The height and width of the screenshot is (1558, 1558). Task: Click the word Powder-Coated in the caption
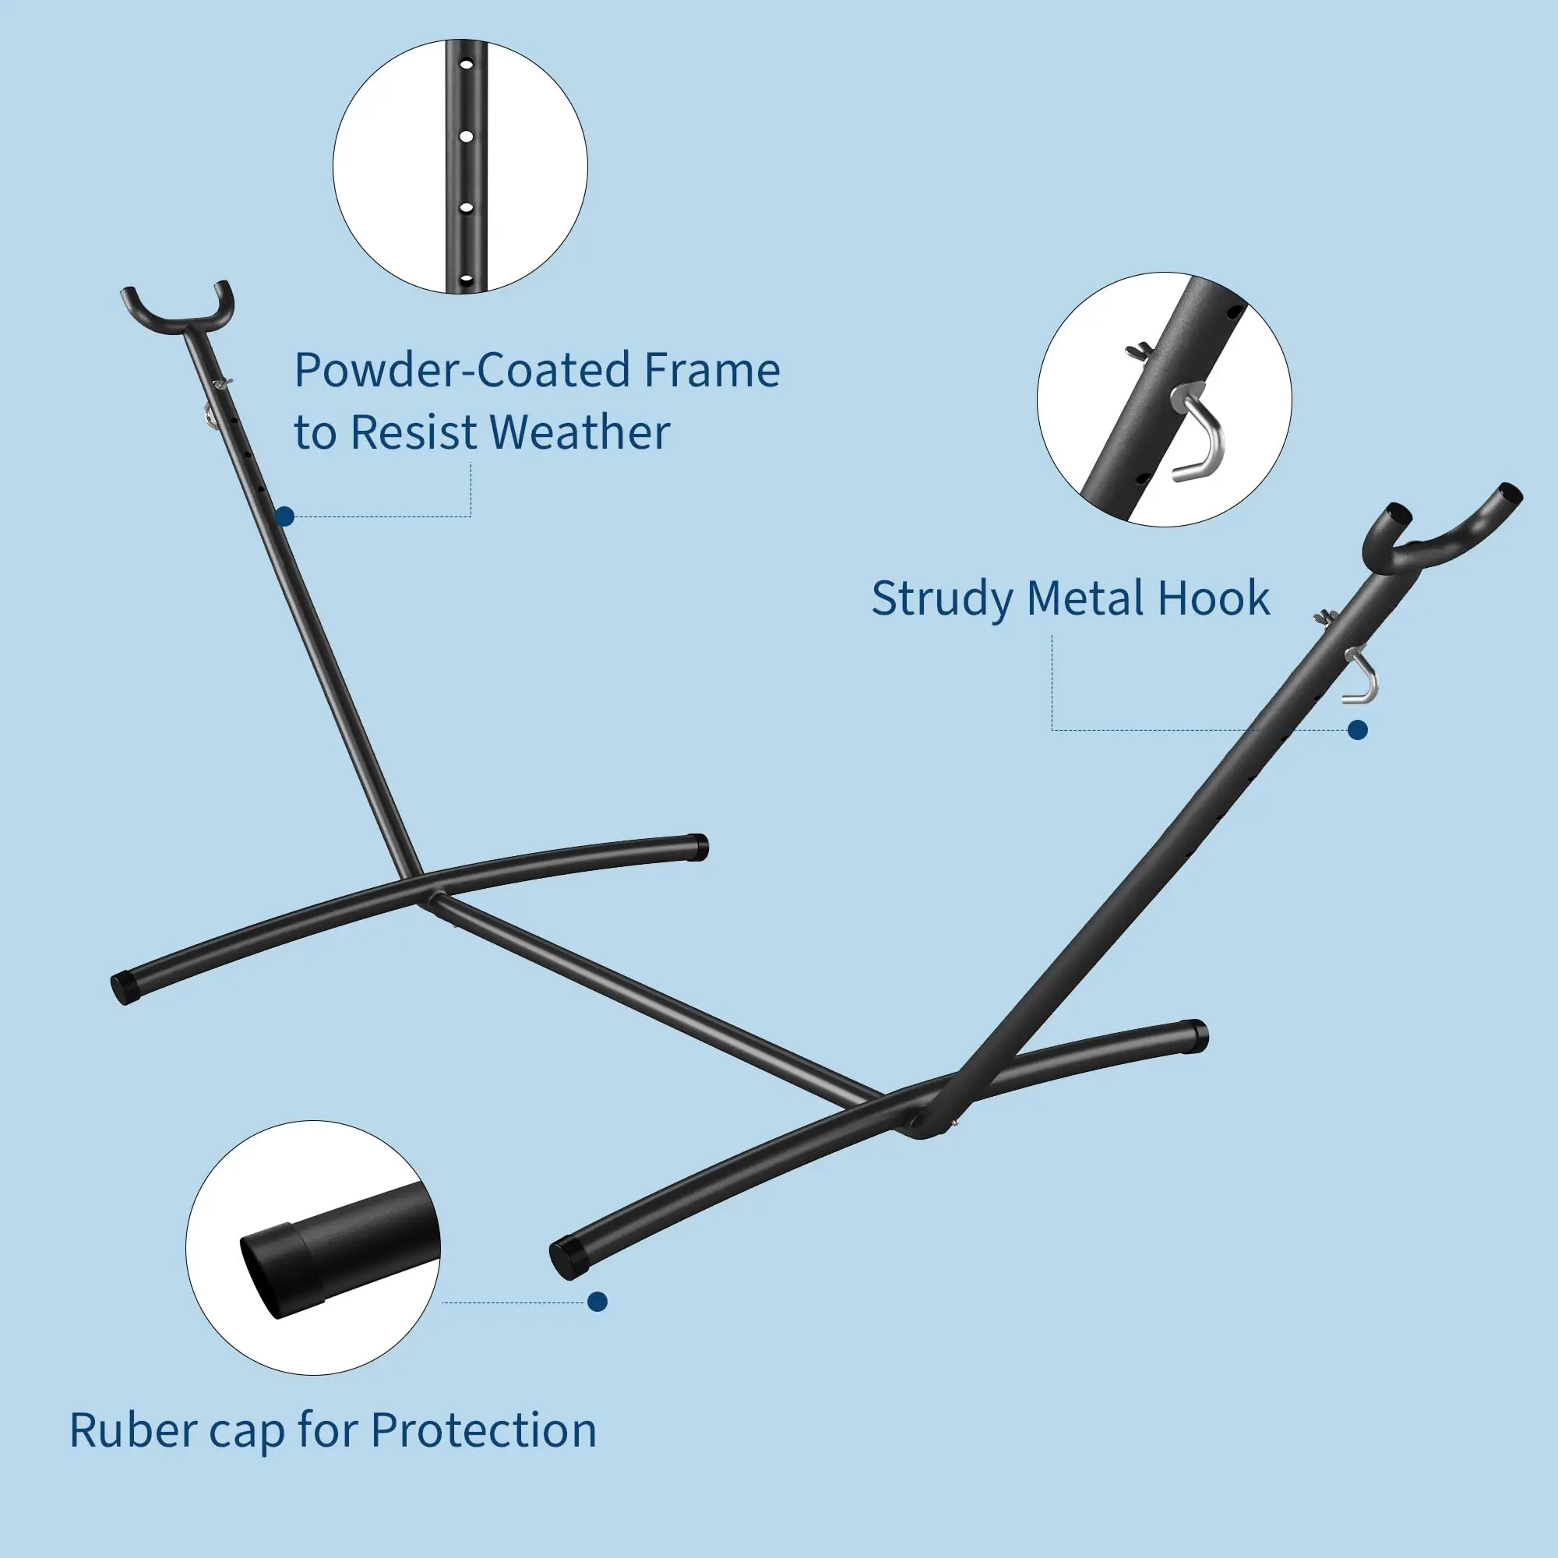pyautogui.click(x=462, y=370)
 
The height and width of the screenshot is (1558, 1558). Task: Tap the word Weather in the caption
pyautogui.click(x=580, y=432)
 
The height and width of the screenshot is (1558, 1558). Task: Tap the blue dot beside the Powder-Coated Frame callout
pyautogui.click(x=284, y=517)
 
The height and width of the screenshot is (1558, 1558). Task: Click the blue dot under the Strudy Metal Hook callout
pyautogui.click(x=1358, y=731)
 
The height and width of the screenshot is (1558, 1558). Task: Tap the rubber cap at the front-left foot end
pyautogui.click(x=124, y=987)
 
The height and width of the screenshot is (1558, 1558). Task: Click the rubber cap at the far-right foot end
pyautogui.click(x=1194, y=1036)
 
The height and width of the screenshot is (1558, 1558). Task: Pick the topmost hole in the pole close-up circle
pyautogui.click(x=465, y=63)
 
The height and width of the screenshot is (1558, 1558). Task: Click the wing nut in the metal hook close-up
pyautogui.click(x=1139, y=351)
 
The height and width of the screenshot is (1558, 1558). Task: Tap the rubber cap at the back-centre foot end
pyautogui.click(x=697, y=848)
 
